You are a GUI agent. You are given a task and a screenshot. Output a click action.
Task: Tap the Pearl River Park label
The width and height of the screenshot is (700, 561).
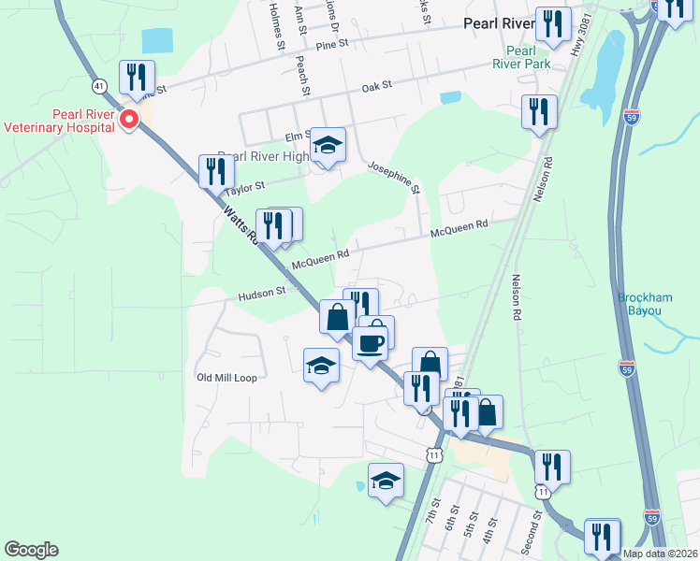click(519, 57)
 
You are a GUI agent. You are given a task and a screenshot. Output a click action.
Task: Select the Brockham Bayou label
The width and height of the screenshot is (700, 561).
click(645, 304)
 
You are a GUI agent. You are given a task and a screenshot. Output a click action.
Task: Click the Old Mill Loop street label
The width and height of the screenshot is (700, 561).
click(226, 378)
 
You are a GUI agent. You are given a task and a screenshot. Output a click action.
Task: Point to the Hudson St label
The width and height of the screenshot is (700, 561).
click(261, 293)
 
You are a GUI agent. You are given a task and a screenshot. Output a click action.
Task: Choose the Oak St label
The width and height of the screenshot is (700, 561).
click(375, 87)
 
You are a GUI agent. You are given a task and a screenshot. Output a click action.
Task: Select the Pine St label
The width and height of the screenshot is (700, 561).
click(331, 44)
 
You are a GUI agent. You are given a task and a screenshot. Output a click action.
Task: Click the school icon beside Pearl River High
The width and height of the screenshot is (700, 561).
click(328, 146)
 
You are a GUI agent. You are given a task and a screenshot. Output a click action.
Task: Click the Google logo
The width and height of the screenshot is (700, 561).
click(32, 550)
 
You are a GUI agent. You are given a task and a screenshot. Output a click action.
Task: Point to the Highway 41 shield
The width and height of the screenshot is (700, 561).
click(98, 85)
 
